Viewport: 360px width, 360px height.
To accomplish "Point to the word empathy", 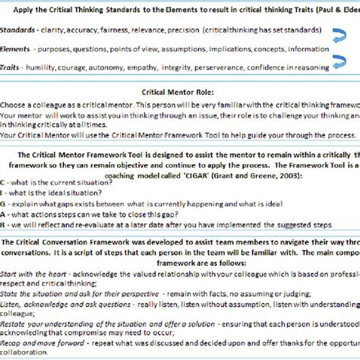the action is click(146, 68).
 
